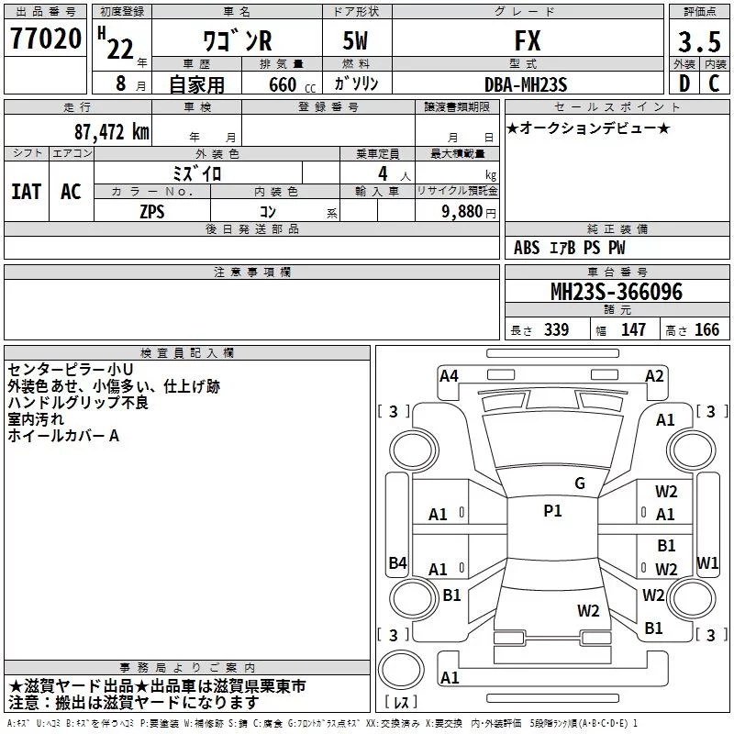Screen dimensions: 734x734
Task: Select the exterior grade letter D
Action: [684, 83]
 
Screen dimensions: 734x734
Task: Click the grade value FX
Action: [528, 41]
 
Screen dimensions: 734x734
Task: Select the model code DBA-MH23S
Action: [527, 84]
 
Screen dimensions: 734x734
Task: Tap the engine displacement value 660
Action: [283, 85]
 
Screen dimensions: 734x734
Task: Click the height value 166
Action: [706, 329]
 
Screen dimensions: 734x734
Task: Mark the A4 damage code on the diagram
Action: [449, 375]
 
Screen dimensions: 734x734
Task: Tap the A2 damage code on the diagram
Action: [654, 375]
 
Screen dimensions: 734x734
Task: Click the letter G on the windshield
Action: [579, 483]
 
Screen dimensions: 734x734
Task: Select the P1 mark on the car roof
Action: [552, 511]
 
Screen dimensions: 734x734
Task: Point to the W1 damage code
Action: [707, 562]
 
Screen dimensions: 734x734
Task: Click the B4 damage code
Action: [397, 562]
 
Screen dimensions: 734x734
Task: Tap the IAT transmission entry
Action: [26, 191]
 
